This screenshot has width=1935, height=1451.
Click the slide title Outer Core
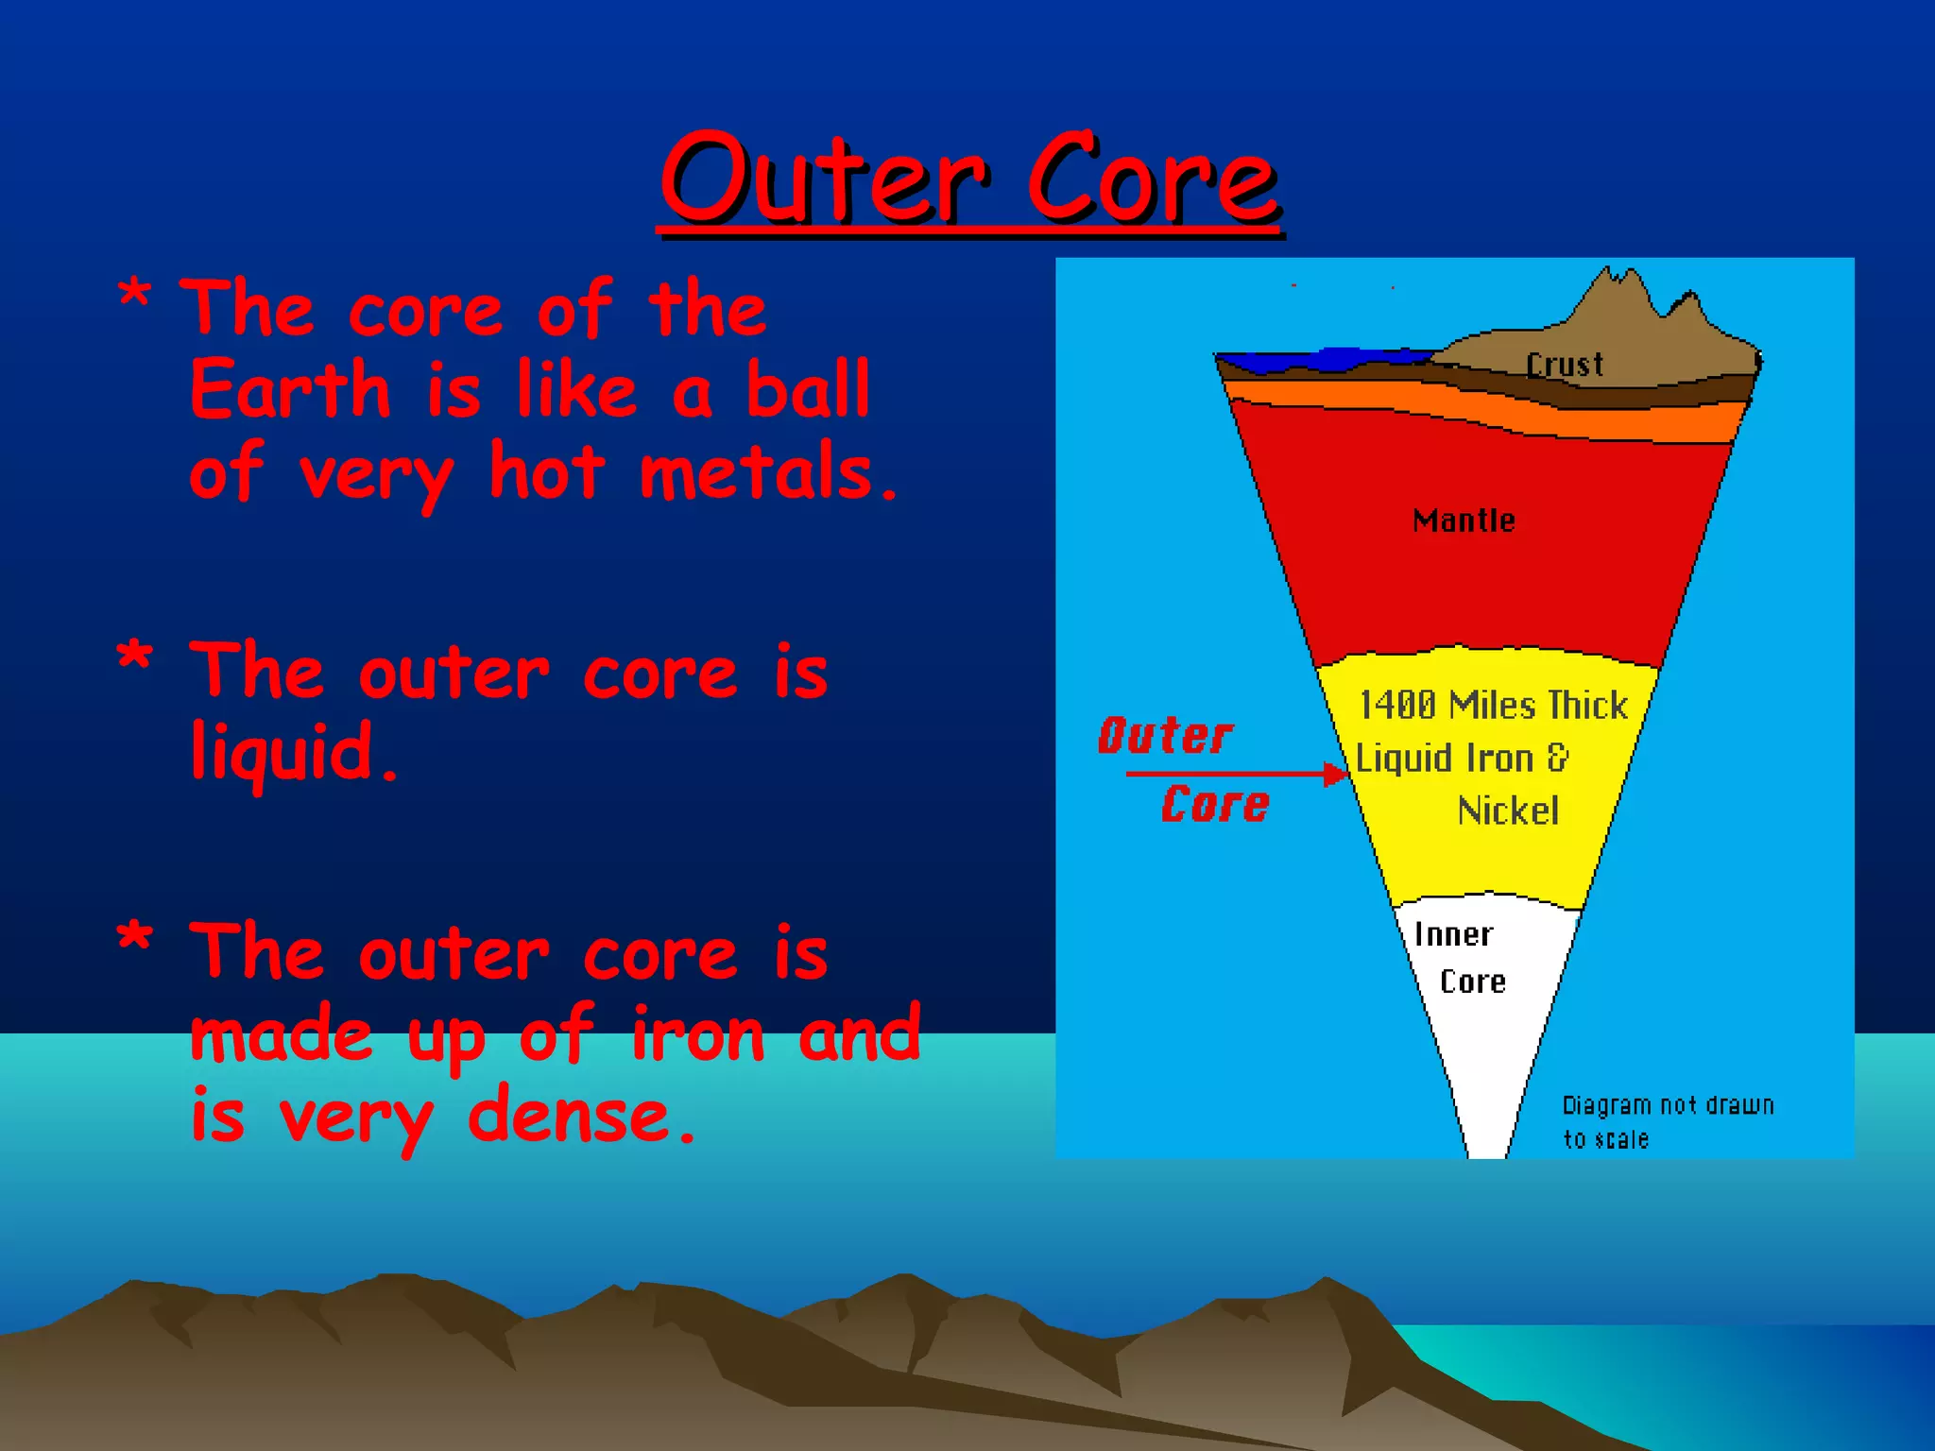pyautogui.click(x=969, y=179)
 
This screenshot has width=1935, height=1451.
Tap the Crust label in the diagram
pyautogui.click(x=1565, y=365)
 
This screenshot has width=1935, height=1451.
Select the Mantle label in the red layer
pyautogui.click(x=1464, y=521)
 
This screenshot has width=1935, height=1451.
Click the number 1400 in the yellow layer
pyautogui.click(x=1397, y=706)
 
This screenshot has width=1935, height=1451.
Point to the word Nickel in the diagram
pyautogui.click(x=1508, y=811)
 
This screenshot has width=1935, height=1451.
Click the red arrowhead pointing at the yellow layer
pyautogui.click(x=1337, y=775)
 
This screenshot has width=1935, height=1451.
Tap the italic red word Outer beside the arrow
pyautogui.click(x=1165, y=736)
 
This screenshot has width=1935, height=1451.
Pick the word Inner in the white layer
pyautogui.click(x=1453, y=935)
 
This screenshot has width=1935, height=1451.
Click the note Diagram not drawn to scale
pyautogui.click(x=1667, y=1121)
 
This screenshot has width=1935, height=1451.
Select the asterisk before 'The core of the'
pyautogui.click(x=134, y=296)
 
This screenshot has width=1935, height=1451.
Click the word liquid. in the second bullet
pyautogui.click(x=294, y=754)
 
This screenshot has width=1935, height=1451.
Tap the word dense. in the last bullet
pyautogui.click(x=582, y=1118)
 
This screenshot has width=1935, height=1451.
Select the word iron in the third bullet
pyautogui.click(x=697, y=1036)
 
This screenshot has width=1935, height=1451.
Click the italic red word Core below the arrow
pyautogui.click(x=1215, y=805)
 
